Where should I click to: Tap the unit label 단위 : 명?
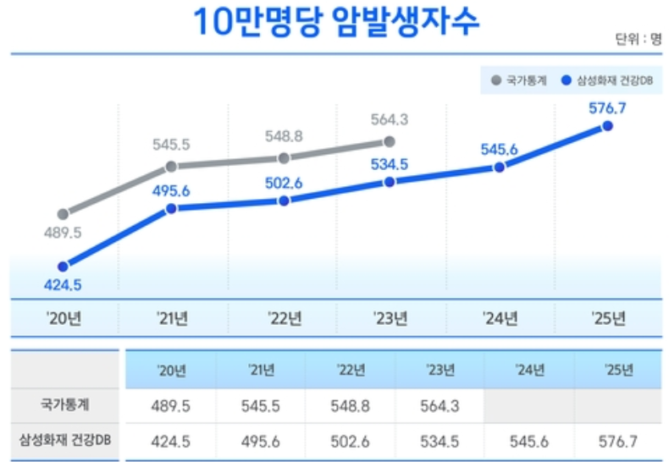[x=638, y=40]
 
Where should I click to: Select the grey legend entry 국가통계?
[x=519, y=81]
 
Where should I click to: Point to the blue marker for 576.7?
[x=607, y=126]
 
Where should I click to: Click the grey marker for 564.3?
[x=389, y=141]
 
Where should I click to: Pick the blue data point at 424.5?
[x=63, y=266]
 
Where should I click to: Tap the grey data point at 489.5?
[x=63, y=213]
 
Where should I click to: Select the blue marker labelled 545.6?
[x=499, y=168]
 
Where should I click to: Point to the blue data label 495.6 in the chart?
[x=171, y=190]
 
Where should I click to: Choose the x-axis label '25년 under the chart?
[x=608, y=319]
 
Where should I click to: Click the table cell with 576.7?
[x=616, y=440]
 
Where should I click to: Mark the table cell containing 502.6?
[x=350, y=440]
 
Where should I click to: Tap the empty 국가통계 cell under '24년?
[x=528, y=405]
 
